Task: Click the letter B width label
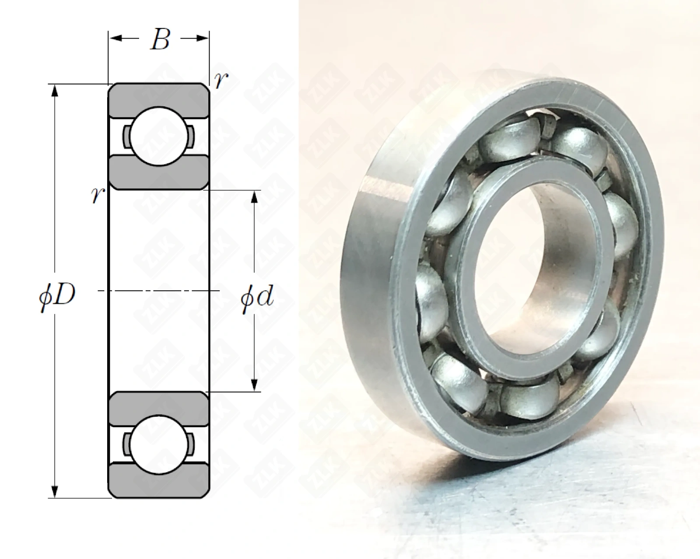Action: [x=159, y=40]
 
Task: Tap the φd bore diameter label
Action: [x=257, y=296]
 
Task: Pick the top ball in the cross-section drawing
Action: [x=159, y=137]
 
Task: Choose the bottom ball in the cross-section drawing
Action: [x=159, y=445]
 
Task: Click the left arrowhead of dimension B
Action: [x=116, y=39]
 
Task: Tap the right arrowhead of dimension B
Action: [x=202, y=39]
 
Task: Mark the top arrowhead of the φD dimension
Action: [x=55, y=91]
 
